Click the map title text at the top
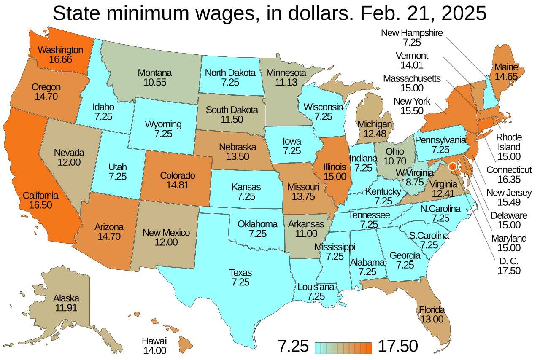tap(270, 13)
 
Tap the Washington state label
tap(60, 50)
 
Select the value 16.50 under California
tap(40, 205)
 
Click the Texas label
tap(240, 272)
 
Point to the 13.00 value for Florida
tap(432, 319)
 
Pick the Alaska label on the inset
tap(66, 298)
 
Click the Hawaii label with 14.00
tap(154, 341)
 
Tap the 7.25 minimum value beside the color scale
tap(293, 346)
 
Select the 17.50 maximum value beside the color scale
tap(397, 346)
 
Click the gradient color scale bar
tap(343, 348)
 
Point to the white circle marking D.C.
tap(453, 167)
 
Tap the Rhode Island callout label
tap(509, 142)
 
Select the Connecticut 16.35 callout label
tap(509, 174)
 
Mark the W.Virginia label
tap(415, 173)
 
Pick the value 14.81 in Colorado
tap(177, 185)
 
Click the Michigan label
tap(375, 124)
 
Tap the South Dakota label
tap(232, 110)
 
